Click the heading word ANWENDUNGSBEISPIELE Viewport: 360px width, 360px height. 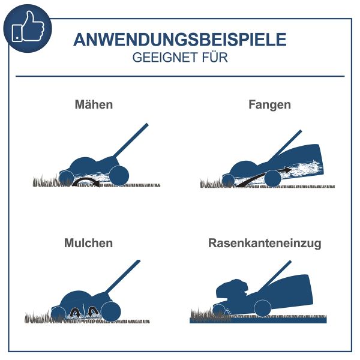[x=180, y=40]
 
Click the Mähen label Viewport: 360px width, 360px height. [x=94, y=104]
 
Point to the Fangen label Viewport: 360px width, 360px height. [x=269, y=104]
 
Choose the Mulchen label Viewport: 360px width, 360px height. [x=88, y=244]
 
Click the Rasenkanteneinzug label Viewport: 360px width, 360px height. [x=265, y=244]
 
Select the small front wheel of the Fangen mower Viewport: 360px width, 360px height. [x=228, y=179]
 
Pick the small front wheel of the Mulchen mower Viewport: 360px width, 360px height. [x=58, y=313]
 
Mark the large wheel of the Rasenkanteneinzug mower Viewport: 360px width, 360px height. [x=262, y=308]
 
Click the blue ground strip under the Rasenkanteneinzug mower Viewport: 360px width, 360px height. [x=258, y=320]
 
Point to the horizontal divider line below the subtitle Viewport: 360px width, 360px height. [x=180, y=76]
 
